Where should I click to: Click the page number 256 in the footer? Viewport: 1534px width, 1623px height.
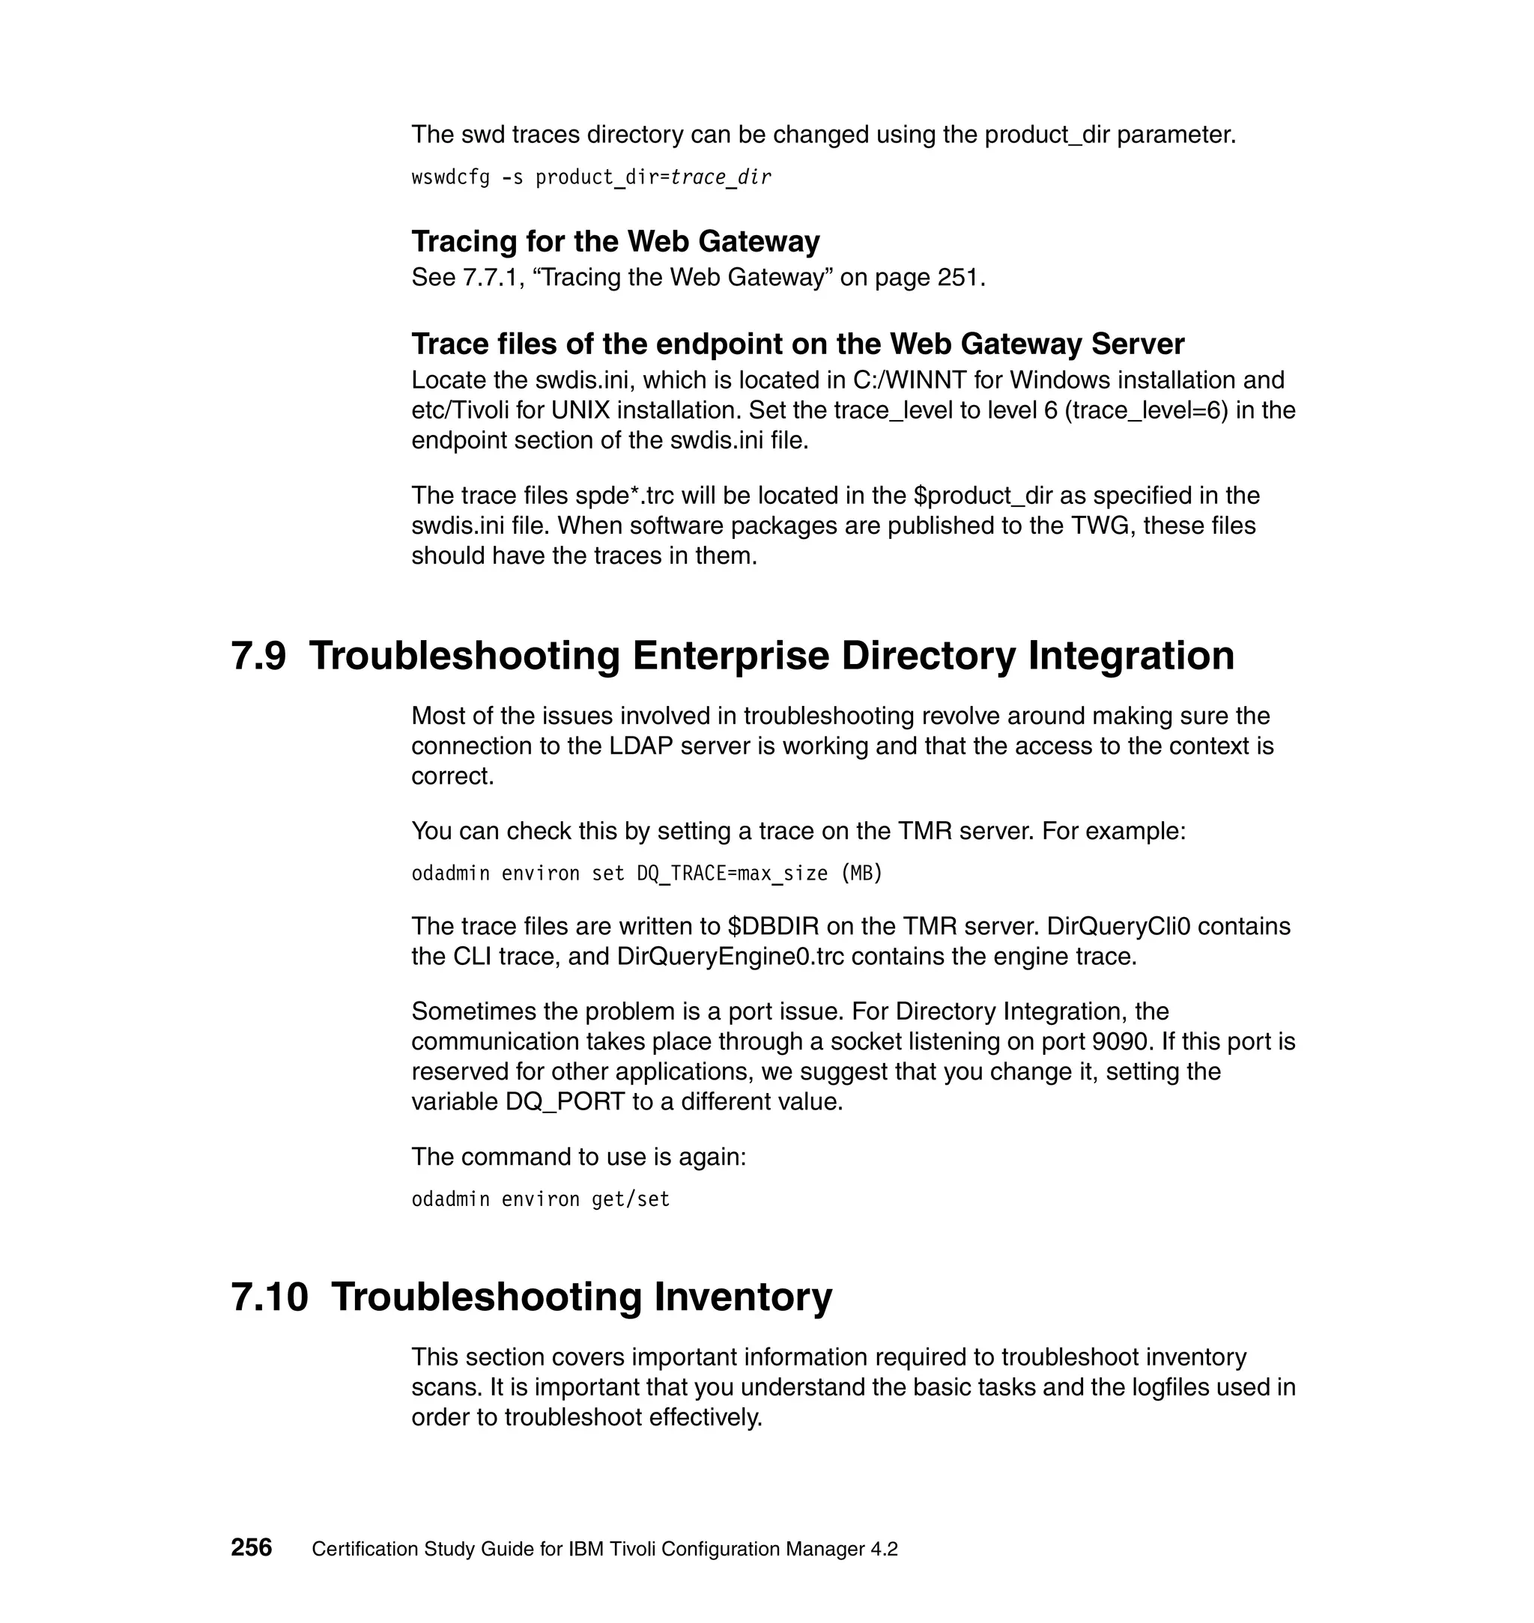(251, 1547)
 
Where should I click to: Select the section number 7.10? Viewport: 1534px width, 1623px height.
(269, 1297)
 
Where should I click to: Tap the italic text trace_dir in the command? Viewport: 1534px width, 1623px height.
(721, 177)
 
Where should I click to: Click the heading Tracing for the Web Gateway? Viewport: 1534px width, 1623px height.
(615, 242)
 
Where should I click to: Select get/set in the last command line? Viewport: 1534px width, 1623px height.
(631, 1200)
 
